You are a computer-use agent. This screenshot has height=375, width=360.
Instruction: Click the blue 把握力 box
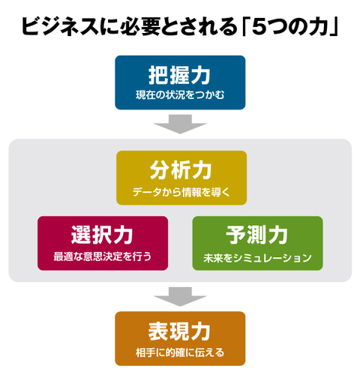tap(180, 82)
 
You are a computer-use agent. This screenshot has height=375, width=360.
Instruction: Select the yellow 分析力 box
tap(181, 178)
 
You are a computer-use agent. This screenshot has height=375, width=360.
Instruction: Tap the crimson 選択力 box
tap(103, 243)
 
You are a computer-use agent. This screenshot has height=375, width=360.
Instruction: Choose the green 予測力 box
tap(257, 243)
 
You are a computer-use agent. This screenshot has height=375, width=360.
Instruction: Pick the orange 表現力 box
tap(180, 338)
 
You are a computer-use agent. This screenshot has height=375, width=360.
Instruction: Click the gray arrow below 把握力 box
tap(180, 124)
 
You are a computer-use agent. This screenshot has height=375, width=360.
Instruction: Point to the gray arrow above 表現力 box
tap(180, 297)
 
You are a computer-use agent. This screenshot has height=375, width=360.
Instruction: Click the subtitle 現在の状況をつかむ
tap(180, 95)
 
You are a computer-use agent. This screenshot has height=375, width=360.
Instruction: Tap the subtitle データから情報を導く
tap(181, 192)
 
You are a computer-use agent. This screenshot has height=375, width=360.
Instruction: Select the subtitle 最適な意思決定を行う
tap(103, 256)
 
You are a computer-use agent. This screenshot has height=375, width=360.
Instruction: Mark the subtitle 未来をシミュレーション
tap(257, 258)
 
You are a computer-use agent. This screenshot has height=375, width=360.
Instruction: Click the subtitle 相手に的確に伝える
tap(180, 352)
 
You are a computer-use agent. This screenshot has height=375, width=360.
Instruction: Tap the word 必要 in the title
tap(140, 26)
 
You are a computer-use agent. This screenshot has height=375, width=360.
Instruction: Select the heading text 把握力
tap(179, 76)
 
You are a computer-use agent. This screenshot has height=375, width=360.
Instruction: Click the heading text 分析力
tap(181, 170)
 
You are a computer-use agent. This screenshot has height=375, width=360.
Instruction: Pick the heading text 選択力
tap(102, 235)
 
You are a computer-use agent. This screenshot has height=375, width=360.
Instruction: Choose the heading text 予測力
tap(257, 235)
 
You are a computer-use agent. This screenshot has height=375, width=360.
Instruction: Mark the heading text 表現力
tap(179, 331)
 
